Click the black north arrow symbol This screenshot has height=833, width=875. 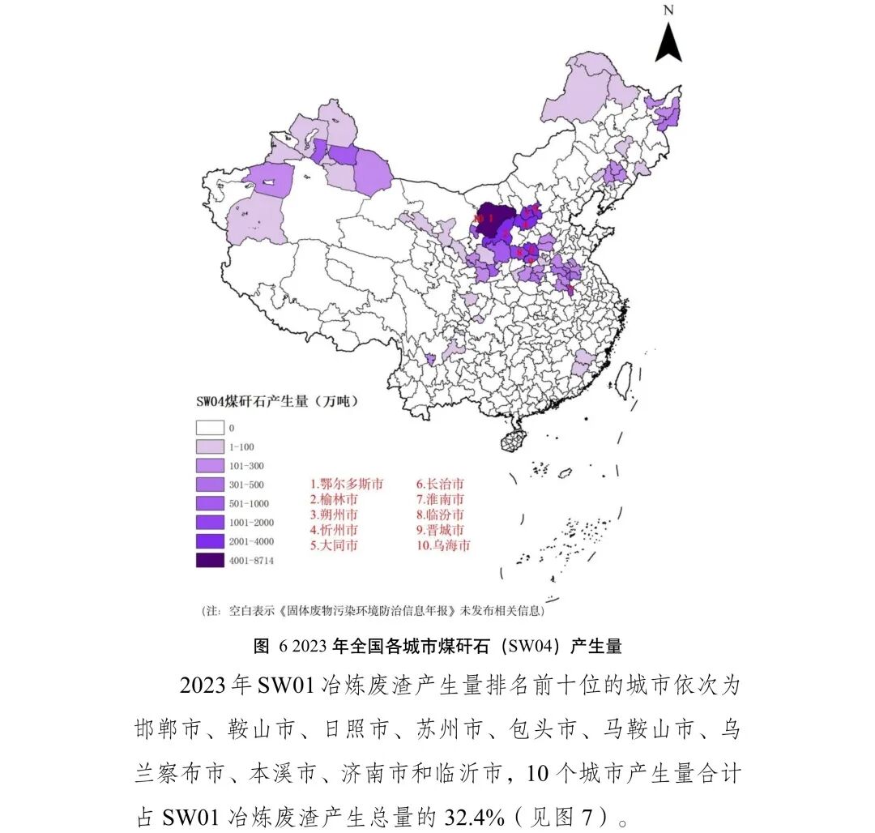pos(668,42)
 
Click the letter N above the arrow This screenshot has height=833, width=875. pos(668,11)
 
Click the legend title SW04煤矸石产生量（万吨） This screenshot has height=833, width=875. pos(277,401)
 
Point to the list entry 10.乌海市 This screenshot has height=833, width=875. pos(443,545)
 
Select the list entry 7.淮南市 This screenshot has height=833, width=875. pos(441,499)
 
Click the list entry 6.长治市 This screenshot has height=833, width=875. pos(441,484)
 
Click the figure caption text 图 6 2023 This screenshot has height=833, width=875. pos(296,646)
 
